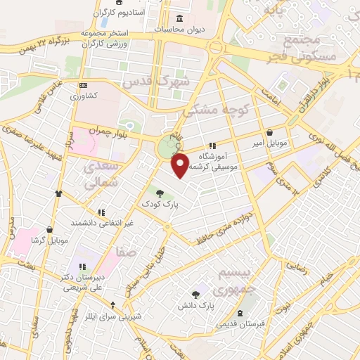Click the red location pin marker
coord(181,165)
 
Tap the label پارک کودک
coord(160,204)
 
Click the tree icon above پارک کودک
coord(160,192)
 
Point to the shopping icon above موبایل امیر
coord(269,131)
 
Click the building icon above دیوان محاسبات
coord(178,19)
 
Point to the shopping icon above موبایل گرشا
coord(49,229)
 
